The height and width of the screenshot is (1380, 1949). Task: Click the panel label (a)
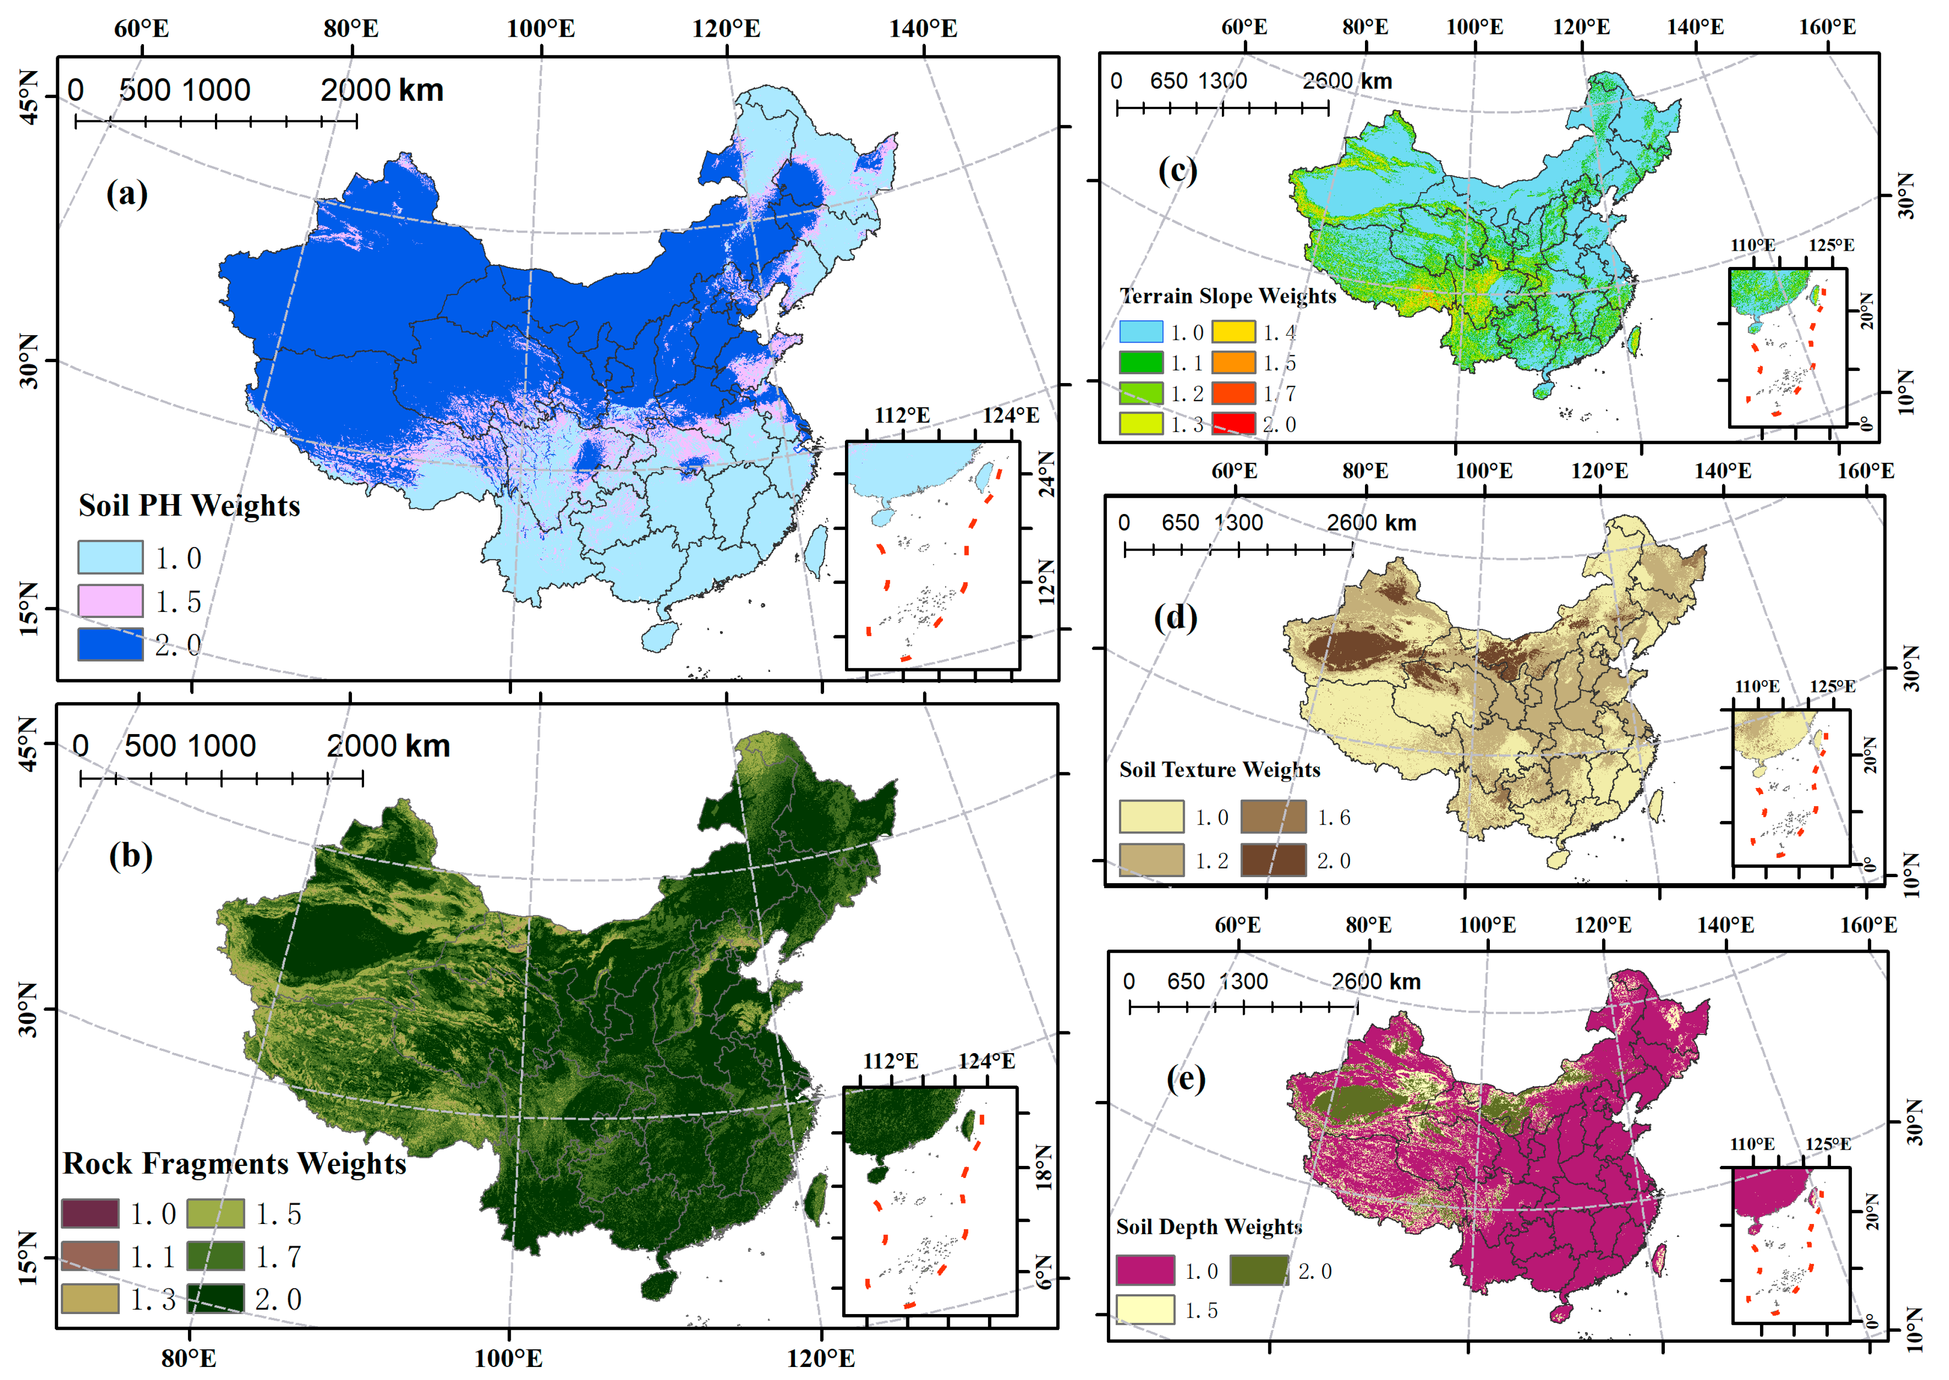[x=127, y=194]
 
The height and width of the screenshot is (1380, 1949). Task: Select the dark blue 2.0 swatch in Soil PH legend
[x=110, y=644]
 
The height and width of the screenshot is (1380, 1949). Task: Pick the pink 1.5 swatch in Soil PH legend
[x=110, y=601]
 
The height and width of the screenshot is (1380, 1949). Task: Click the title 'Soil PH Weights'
[x=189, y=506]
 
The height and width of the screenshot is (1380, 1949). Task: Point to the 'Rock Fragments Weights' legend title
[x=234, y=1163]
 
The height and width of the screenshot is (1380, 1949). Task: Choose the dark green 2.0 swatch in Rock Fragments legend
[x=216, y=1298]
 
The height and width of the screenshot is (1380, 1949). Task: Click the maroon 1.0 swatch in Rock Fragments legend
[x=90, y=1213]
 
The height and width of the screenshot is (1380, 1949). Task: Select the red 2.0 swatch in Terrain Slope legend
[x=1233, y=423]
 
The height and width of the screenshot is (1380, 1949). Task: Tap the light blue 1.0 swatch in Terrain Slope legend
[x=1141, y=332]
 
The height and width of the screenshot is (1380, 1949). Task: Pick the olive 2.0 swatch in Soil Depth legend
[x=1258, y=1270]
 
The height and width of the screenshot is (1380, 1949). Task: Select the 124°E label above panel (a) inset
[x=1011, y=416]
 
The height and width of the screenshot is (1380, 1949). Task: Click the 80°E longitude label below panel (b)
[x=188, y=1358]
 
